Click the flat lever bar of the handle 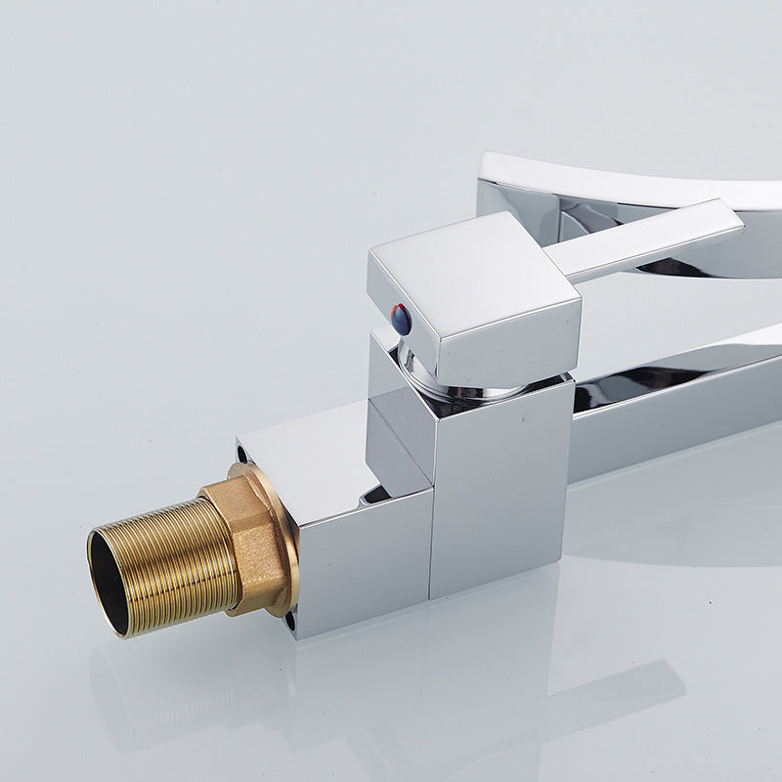(635, 239)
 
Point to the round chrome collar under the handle (459, 386)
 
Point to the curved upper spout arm (635, 186)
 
